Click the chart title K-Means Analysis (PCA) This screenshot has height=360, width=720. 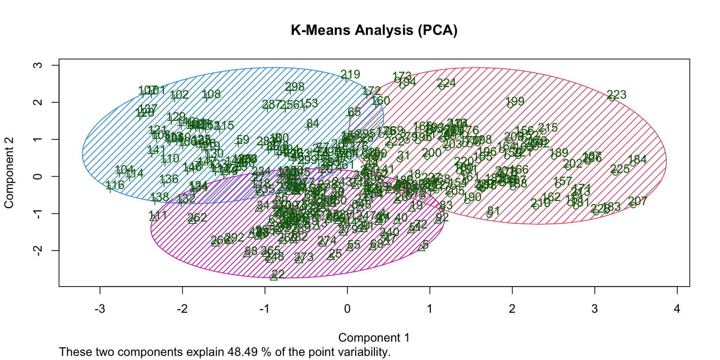(x=374, y=30)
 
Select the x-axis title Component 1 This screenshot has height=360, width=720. (x=374, y=337)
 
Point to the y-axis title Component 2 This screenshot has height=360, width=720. (x=9, y=172)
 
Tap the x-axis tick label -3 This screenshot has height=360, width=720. (x=100, y=309)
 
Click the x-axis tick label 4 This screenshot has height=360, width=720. (x=677, y=309)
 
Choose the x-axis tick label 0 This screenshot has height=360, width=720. (x=347, y=309)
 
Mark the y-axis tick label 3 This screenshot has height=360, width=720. (x=38, y=65)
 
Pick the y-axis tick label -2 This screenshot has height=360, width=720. (x=38, y=250)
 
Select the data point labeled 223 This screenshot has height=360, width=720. (x=612, y=98)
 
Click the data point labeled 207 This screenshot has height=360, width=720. (x=633, y=205)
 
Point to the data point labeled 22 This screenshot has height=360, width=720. (x=274, y=277)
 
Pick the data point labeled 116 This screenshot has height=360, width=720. (x=109, y=189)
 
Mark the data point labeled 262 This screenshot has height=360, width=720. (x=192, y=220)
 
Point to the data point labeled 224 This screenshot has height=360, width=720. (x=442, y=87)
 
